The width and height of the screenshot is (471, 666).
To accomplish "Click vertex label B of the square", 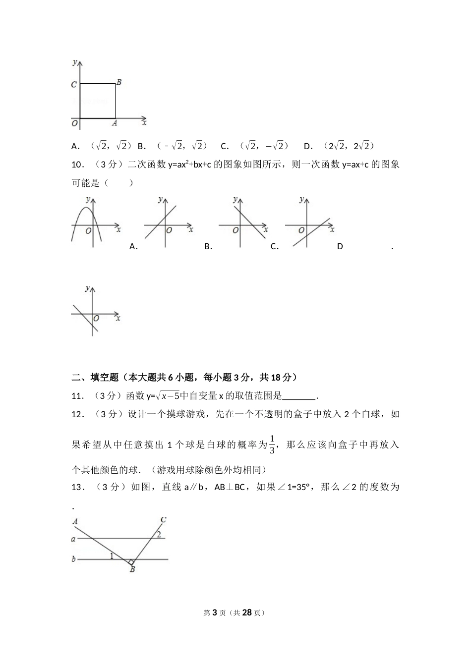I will point(119,82).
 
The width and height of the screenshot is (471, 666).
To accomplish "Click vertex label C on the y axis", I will point(74,85).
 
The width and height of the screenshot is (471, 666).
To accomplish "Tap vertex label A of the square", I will point(114,123).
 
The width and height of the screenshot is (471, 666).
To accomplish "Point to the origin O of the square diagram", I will point(74,123).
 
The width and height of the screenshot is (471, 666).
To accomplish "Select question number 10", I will point(77,165).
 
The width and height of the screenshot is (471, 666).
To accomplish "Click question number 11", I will point(77,395).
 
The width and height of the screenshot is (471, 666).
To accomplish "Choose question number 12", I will point(77,414).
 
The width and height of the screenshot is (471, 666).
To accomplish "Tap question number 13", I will point(77,487).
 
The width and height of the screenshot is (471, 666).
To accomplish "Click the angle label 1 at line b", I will point(112,556).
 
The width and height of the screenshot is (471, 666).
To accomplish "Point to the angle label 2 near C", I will point(159,534).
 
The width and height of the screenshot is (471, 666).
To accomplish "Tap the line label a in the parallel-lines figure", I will point(73,539).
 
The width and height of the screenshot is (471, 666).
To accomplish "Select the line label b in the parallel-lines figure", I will point(73,559).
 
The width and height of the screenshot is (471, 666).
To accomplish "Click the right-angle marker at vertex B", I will point(130,561).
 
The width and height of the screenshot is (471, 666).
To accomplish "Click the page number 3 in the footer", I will point(215,612).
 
